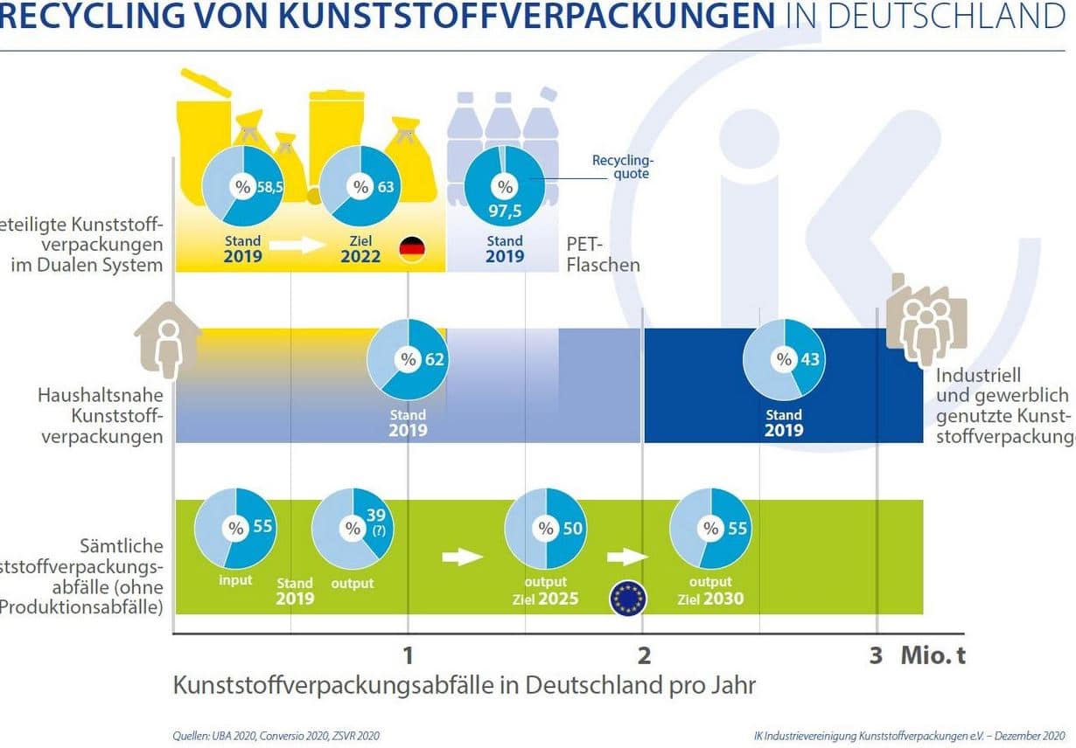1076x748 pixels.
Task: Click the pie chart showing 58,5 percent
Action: coord(243,186)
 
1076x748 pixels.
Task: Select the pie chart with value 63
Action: coord(360,186)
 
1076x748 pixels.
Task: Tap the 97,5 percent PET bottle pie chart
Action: coord(505,186)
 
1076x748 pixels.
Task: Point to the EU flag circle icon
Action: coord(627,598)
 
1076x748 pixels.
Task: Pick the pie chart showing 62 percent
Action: coord(408,359)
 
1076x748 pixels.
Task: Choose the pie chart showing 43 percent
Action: coord(784,359)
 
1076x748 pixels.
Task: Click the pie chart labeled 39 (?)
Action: coord(353,528)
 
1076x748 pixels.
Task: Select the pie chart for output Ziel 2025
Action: coord(546,528)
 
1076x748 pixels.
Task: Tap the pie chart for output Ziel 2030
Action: coord(710,528)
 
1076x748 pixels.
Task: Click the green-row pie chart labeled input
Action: coord(235,528)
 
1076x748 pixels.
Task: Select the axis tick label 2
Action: coord(645,655)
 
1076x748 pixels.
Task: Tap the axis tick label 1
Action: coord(408,655)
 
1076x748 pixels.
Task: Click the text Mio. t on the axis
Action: coord(933,655)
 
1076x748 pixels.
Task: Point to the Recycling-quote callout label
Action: coord(623,166)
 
